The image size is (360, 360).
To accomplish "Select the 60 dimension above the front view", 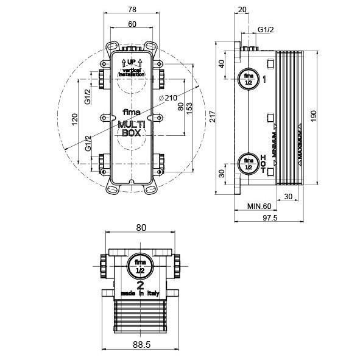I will tap(132, 24).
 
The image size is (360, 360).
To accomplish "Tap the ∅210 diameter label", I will tap(168, 98).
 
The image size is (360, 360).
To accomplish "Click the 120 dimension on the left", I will tap(75, 119).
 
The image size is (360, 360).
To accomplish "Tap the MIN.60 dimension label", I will tap(259, 206).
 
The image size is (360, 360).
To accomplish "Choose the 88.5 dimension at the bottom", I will tap(141, 345).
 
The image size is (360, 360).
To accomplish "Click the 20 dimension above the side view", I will tap(242, 9).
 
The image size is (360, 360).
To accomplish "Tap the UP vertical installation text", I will tap(132, 67).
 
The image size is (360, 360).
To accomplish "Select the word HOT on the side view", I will tap(263, 163).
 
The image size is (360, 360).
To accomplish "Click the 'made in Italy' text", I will tap(140, 293).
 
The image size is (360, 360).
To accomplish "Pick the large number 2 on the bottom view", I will tap(140, 284).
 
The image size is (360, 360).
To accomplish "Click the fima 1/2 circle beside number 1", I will tap(248, 79).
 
